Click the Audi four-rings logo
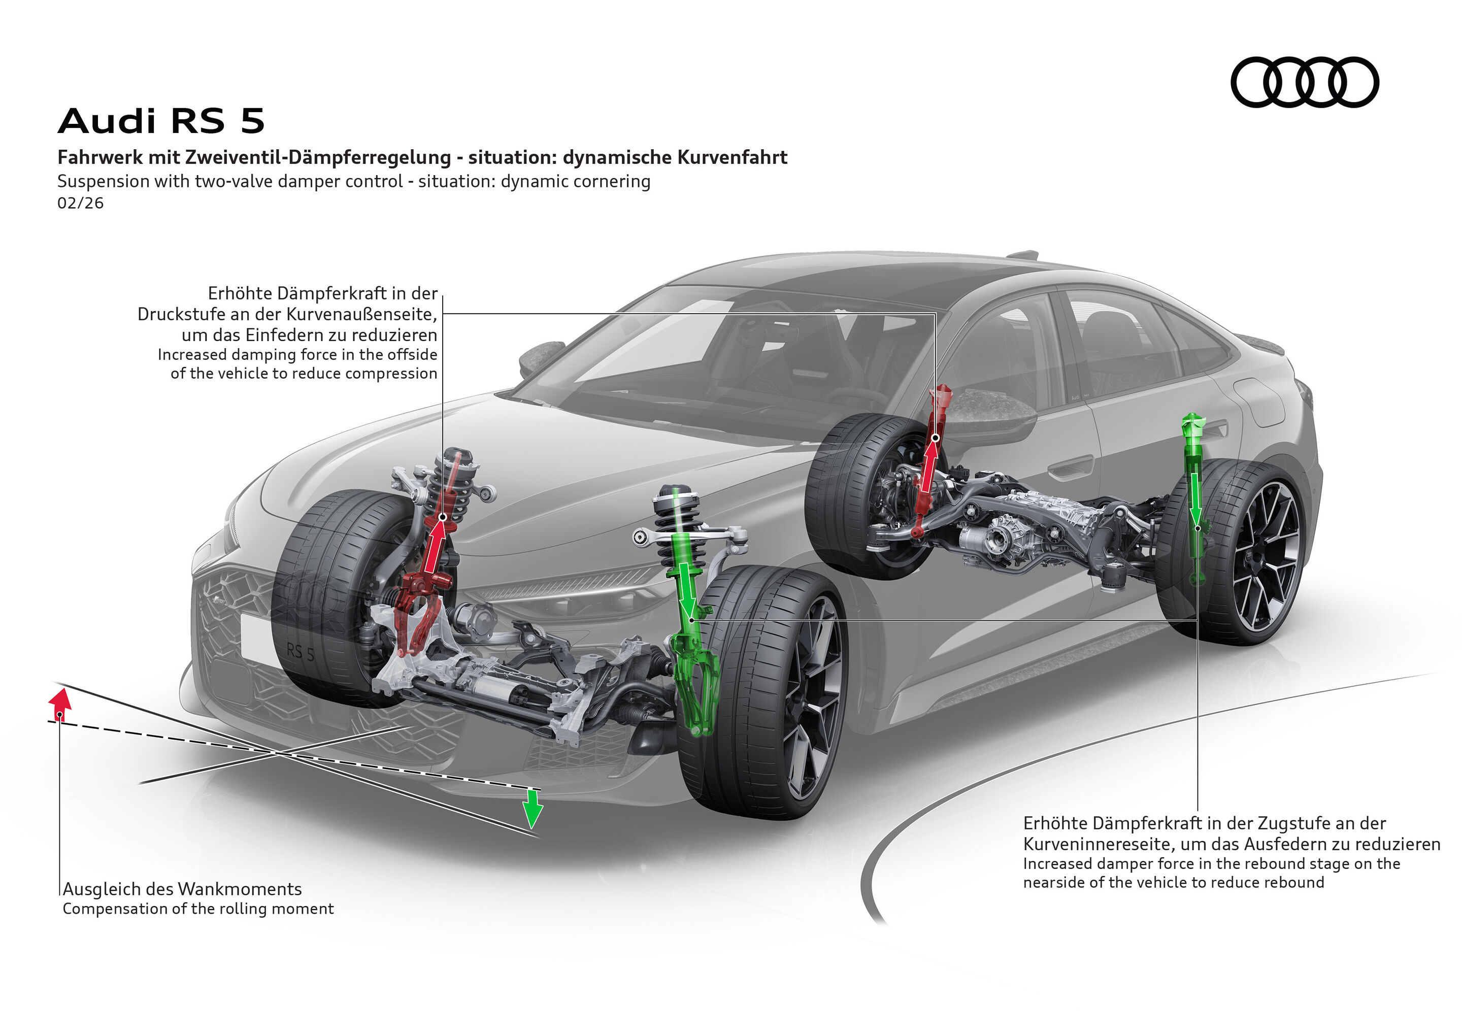pyautogui.click(x=1304, y=82)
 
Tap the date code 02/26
pyautogui.click(x=80, y=203)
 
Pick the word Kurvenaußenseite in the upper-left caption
pyautogui.click(x=361, y=314)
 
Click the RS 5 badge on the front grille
pyautogui.click(x=301, y=652)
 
